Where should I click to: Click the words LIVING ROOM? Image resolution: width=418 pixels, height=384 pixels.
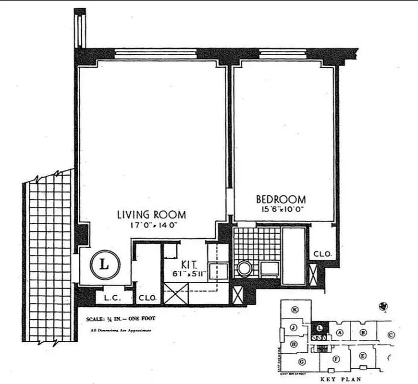click(151, 215)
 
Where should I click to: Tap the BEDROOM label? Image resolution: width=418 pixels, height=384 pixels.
click(281, 199)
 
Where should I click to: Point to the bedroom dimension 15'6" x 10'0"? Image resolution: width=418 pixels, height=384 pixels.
click(281, 210)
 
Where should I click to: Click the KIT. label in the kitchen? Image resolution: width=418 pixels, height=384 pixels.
click(188, 264)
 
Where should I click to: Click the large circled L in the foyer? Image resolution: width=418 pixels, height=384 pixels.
click(105, 264)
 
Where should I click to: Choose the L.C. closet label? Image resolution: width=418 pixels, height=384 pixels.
click(112, 298)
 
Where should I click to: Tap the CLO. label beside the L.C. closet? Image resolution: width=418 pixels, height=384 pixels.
click(147, 298)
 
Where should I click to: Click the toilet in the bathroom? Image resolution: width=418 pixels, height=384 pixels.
click(245, 268)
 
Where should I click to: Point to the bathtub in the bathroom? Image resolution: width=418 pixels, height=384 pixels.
click(293, 256)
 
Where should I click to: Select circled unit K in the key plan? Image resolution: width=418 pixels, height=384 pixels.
click(295, 310)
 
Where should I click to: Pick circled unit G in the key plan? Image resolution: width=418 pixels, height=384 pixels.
click(302, 361)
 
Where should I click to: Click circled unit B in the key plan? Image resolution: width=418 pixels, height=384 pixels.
click(363, 332)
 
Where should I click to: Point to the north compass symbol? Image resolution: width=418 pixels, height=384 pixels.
click(383, 306)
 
